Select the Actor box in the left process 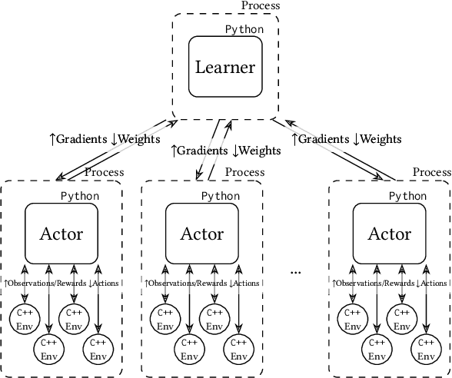[x=61, y=233]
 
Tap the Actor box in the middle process [x=202, y=233]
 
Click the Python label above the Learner [x=244, y=30]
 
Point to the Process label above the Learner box [x=261, y=6]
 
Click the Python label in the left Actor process [x=80, y=196]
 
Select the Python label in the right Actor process [x=407, y=196]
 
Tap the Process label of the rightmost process [x=432, y=172]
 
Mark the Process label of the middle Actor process [x=244, y=173]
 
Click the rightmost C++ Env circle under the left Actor [x=98, y=350]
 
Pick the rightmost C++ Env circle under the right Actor [x=425, y=350]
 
